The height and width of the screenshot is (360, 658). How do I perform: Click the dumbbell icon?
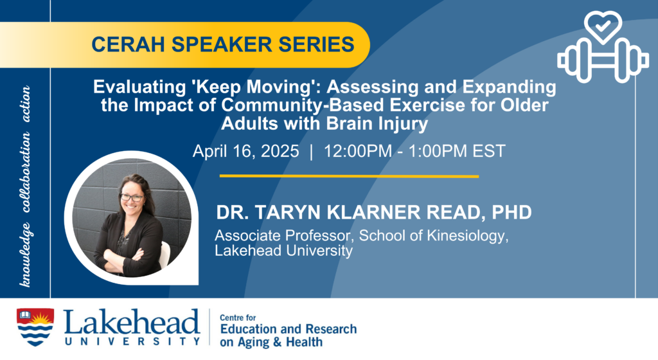[x=603, y=60]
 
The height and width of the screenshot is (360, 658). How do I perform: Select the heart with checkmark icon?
[x=603, y=26]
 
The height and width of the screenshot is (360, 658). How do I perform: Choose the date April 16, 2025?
[x=246, y=151]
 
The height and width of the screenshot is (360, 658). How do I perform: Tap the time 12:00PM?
[x=357, y=151]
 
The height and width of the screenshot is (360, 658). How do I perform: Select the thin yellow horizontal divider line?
[x=349, y=176]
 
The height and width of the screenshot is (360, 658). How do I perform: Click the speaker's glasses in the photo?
[x=132, y=197]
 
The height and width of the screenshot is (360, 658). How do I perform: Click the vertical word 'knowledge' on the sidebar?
[x=26, y=255]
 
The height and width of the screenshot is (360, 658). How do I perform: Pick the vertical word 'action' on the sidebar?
[x=26, y=104]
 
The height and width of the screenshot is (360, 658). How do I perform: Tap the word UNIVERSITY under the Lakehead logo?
[x=132, y=341]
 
